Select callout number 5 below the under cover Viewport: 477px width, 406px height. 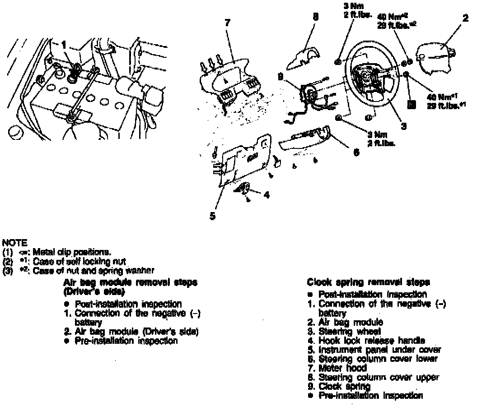(x=212, y=215)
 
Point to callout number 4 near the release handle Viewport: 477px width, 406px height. (x=267, y=195)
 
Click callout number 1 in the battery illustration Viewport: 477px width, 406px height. (x=64, y=45)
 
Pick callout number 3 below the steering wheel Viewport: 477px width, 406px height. (x=403, y=126)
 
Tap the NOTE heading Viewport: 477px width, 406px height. (x=14, y=242)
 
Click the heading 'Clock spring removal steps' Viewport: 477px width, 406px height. (x=368, y=283)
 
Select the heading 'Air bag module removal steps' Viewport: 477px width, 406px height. (x=131, y=283)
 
